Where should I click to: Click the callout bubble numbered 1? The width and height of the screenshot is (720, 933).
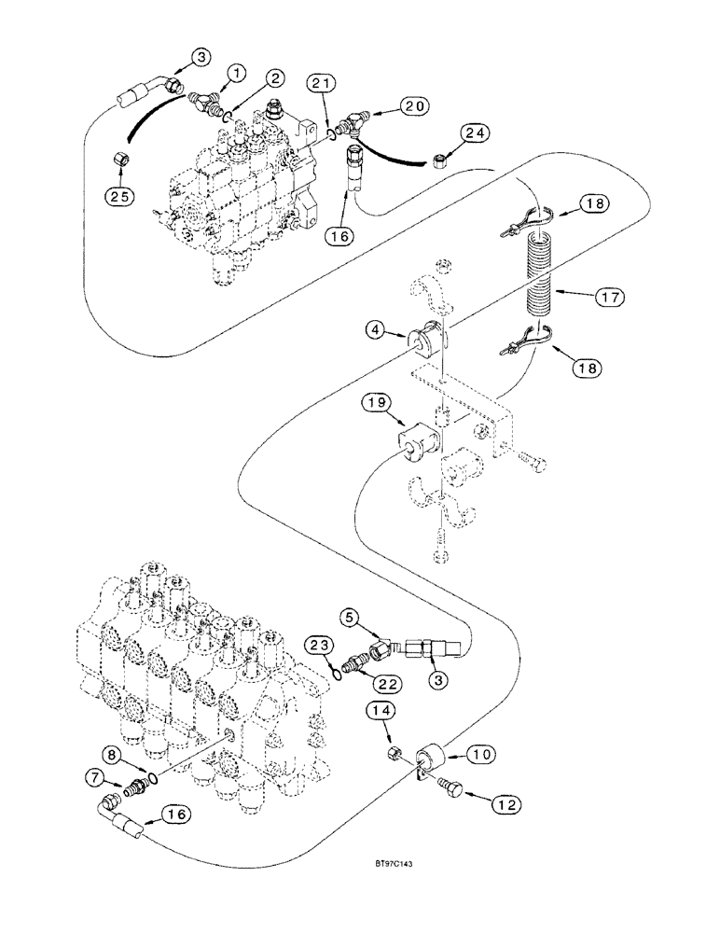(x=237, y=72)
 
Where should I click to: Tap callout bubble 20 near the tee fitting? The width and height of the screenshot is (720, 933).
(x=414, y=106)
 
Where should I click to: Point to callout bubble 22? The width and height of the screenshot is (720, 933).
(x=390, y=683)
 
